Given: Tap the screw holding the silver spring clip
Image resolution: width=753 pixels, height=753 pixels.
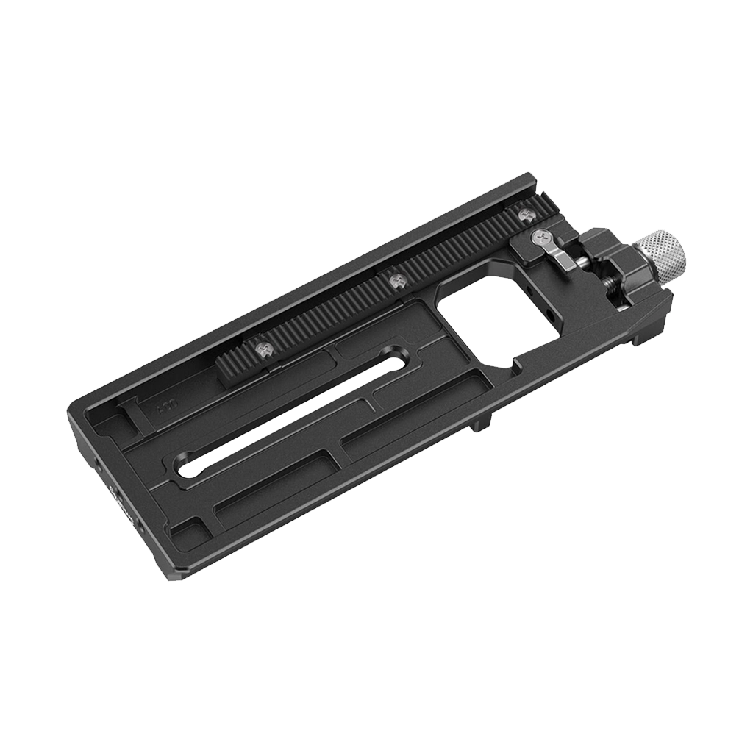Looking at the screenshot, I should pyautogui.click(x=538, y=237).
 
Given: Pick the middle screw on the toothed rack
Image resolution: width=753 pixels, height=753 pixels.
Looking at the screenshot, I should pyautogui.click(x=397, y=280).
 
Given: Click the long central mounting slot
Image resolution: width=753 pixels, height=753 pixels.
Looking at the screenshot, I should pyautogui.click(x=294, y=418).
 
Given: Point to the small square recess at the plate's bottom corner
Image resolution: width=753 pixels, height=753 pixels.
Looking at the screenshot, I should pyautogui.click(x=186, y=528).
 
